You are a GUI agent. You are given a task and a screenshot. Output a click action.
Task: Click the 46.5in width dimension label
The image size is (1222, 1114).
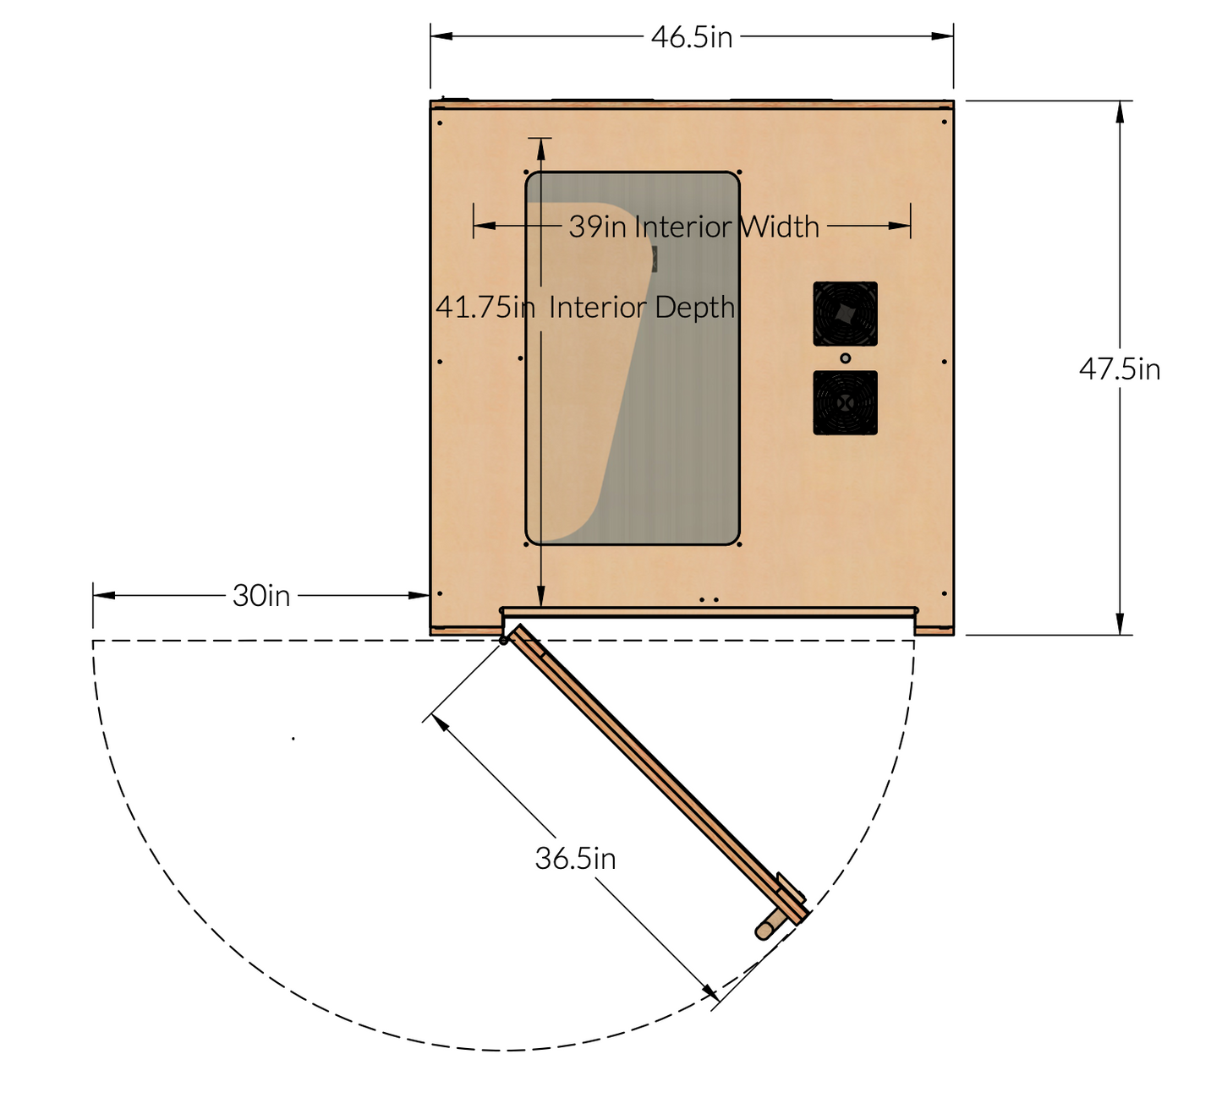click(x=691, y=37)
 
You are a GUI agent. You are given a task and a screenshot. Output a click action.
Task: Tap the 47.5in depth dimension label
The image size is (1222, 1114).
click(x=1119, y=369)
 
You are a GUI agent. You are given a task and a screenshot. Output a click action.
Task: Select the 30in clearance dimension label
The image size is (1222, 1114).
click(x=261, y=596)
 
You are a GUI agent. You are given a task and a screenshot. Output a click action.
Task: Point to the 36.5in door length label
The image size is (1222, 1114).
click(x=575, y=859)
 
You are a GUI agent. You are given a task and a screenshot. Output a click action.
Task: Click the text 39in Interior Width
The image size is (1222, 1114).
click(x=693, y=227)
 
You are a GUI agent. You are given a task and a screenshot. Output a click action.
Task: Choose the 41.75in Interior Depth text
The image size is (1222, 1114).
click(x=585, y=307)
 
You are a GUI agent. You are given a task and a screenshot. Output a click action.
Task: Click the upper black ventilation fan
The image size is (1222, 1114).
click(x=845, y=314)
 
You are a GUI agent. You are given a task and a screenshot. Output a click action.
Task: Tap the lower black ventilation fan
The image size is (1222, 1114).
click(x=845, y=403)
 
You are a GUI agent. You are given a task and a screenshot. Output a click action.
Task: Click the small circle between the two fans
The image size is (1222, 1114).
click(x=845, y=358)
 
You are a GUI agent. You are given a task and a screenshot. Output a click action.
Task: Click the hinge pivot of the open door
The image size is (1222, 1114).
click(x=504, y=641)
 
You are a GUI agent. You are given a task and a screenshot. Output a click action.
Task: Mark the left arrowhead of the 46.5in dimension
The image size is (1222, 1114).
click(x=441, y=36)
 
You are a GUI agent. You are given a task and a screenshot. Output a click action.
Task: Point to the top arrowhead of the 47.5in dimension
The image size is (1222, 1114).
click(x=1120, y=112)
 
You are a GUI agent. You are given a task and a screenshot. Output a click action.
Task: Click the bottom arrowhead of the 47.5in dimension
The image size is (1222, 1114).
click(x=1120, y=624)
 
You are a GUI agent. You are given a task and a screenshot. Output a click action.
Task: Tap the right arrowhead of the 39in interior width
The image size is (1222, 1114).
click(x=901, y=226)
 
